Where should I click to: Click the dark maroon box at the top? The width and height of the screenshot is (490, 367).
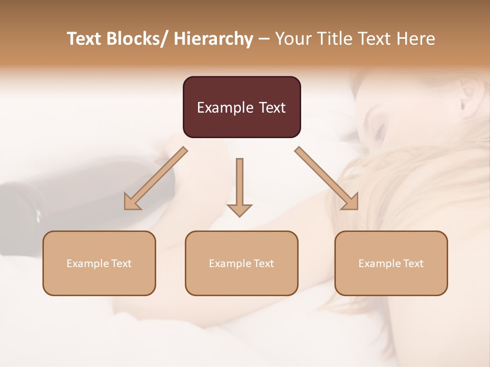tap(241, 107)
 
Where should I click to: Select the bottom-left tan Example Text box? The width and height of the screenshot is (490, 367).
tap(99, 263)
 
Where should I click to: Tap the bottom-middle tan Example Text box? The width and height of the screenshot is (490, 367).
tap(241, 263)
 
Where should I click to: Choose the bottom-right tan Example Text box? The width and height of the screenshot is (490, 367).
tap(391, 263)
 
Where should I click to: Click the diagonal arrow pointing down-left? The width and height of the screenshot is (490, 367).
tap(155, 178)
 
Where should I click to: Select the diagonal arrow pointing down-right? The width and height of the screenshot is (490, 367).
tap(327, 178)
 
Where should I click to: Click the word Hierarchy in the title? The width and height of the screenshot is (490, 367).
tap(213, 39)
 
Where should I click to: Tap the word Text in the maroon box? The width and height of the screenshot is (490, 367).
tap(271, 108)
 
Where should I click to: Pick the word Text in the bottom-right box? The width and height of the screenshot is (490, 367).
tap(413, 264)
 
